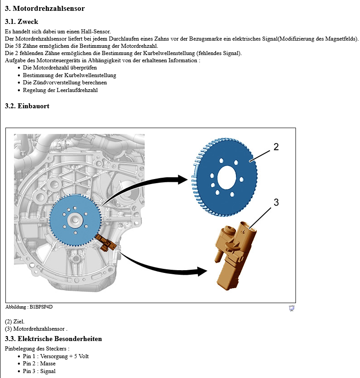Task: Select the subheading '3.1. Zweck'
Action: (21, 21)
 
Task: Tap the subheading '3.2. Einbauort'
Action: (27, 106)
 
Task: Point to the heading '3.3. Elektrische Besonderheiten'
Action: (53, 338)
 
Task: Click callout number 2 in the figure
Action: (276, 147)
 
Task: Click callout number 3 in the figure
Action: (276, 203)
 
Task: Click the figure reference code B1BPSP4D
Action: (38, 307)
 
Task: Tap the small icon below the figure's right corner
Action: (291, 308)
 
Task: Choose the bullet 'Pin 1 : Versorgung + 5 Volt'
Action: (55, 356)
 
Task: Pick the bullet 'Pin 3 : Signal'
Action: (39, 371)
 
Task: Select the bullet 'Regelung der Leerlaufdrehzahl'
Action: (60, 90)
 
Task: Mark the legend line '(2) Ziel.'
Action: (15, 322)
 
